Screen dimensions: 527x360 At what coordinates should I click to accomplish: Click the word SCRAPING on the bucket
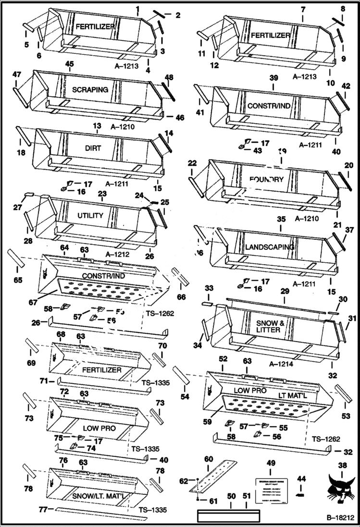(90, 89)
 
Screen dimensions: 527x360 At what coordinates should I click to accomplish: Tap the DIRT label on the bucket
(93, 148)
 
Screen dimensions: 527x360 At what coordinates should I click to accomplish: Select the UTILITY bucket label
(90, 216)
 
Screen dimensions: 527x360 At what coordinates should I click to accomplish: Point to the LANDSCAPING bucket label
(269, 247)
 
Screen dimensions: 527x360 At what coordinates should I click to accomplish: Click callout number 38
(342, 465)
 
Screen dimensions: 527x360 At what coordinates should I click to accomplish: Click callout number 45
(69, 64)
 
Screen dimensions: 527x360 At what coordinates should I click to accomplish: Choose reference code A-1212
(119, 255)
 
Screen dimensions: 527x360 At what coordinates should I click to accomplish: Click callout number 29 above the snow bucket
(285, 292)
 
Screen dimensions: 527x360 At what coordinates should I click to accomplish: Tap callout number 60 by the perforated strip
(208, 459)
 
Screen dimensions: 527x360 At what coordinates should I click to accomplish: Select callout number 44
(301, 479)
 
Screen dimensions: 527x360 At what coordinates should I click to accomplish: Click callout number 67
(33, 303)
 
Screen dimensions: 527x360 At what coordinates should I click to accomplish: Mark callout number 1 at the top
(137, 9)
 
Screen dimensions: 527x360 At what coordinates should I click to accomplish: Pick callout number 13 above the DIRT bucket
(97, 125)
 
